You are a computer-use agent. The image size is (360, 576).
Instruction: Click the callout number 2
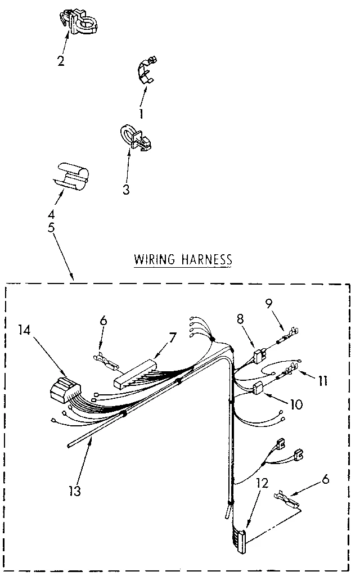[61, 60]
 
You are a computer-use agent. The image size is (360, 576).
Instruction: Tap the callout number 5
[52, 228]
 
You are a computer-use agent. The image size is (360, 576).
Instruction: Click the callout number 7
[172, 337]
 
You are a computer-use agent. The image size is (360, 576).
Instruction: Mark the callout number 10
[296, 403]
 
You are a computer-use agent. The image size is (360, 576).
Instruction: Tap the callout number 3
[126, 190]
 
